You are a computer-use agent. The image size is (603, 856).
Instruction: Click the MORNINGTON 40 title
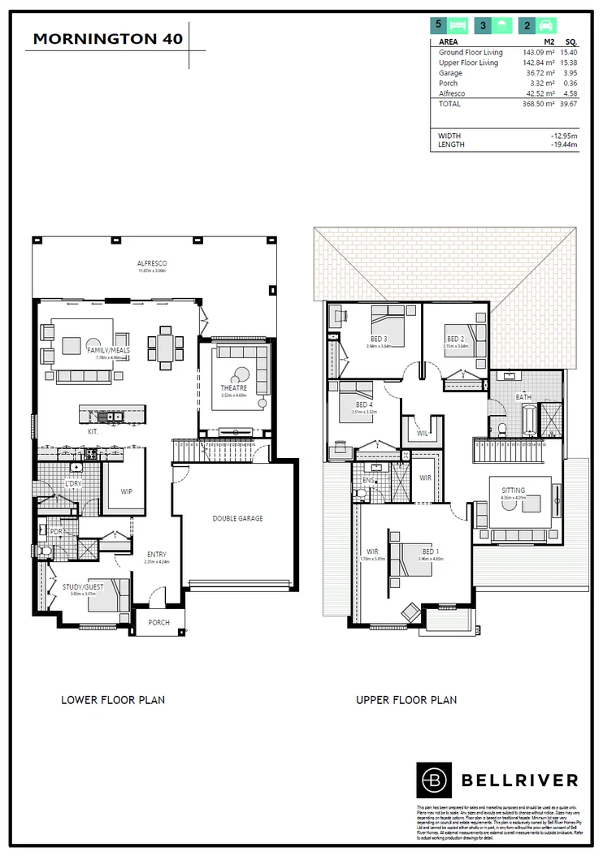108,38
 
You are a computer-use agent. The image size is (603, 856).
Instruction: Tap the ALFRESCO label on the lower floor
152,264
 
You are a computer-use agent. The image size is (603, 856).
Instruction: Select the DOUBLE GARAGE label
237,518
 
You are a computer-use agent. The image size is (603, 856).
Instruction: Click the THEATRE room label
233,388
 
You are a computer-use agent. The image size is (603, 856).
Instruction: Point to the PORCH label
159,624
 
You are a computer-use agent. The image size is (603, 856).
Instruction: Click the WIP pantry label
126,491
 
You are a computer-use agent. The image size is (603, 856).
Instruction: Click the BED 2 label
455,338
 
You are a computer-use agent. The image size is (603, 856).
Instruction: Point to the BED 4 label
364,404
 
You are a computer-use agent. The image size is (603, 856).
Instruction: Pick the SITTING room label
513,491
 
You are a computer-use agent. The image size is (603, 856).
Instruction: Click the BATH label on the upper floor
523,397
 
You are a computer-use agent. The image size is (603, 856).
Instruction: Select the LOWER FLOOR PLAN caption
113,699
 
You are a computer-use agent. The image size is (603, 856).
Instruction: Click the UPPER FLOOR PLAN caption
406,699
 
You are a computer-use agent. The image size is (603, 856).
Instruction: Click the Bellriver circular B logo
434,780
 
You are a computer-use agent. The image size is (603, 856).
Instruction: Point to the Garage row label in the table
450,73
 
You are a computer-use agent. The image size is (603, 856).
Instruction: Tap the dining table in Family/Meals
165,348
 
